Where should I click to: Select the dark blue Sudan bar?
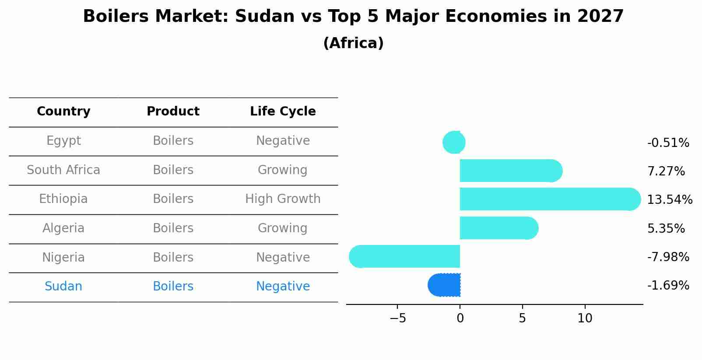444,285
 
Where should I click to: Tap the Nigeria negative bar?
404,256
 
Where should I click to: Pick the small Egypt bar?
454,142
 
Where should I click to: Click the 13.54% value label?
669,200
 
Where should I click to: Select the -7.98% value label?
668,257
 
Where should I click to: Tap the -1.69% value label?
668,286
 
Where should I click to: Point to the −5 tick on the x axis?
397,318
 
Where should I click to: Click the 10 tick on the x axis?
585,318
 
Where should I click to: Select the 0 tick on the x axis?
460,318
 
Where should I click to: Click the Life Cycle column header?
283,112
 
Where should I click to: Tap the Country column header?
63,112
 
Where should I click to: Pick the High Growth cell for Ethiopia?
283,199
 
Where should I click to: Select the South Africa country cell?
63,170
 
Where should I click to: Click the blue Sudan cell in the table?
63,287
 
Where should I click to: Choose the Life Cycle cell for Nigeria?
283,257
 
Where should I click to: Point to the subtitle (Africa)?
353,43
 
